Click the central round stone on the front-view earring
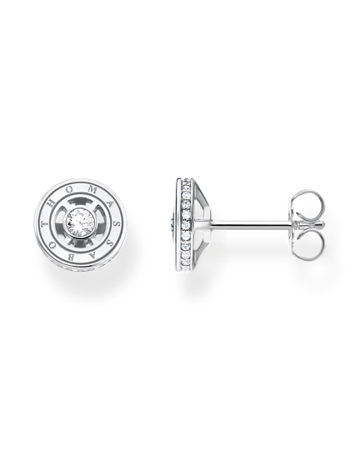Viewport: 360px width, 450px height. pos(77,222)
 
